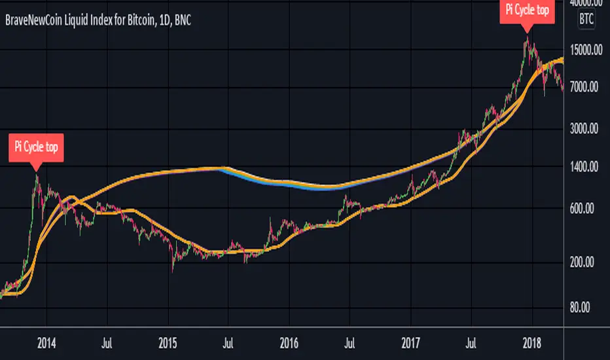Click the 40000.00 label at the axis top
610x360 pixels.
586,5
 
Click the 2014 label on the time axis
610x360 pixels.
45,342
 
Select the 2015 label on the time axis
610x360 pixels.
168,342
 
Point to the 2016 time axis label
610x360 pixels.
289,342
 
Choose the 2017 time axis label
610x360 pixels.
410,342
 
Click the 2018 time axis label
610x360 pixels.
532,342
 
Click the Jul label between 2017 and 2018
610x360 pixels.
471,342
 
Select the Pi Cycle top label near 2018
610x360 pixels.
527,10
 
